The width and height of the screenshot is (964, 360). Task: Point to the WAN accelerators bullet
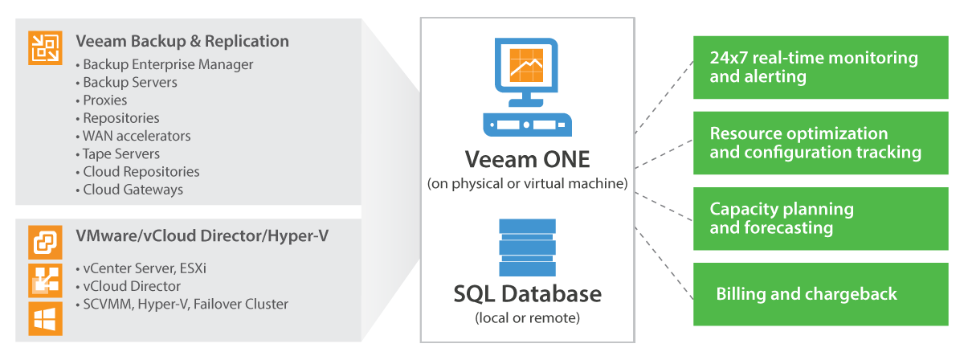coord(137,136)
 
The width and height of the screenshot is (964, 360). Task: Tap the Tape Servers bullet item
coord(121,153)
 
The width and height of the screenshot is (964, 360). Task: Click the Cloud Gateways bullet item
coord(133,190)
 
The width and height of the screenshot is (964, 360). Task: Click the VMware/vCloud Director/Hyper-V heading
coord(202,236)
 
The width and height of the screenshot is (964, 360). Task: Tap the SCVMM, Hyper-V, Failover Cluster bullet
coord(186,304)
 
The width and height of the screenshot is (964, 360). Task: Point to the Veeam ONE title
coord(527,158)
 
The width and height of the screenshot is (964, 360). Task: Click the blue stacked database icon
coord(527,246)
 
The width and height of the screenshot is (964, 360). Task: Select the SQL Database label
coord(527,294)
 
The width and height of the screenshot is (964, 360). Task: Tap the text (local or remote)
coord(527,317)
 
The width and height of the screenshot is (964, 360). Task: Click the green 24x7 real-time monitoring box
coord(820,67)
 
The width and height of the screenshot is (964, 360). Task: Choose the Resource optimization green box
coord(820,143)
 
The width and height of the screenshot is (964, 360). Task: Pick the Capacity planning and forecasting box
coord(820,219)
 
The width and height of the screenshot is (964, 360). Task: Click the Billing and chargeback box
coord(820,294)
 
